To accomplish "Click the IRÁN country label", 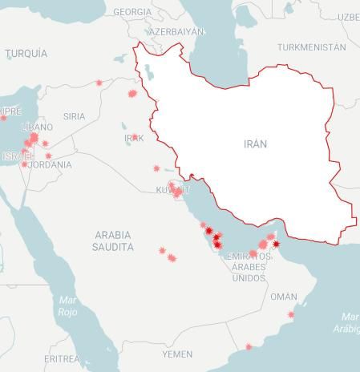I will (x=255, y=144).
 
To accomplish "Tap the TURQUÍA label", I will (x=26, y=54).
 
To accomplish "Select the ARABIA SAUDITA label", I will (x=113, y=241).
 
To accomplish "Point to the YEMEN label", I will (x=177, y=354).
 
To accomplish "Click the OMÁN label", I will (x=283, y=297).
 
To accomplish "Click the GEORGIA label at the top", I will (x=132, y=12).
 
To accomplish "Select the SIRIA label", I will (x=74, y=116).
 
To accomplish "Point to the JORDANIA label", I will (x=50, y=165).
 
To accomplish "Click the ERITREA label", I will (x=62, y=358).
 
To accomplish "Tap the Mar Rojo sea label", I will (x=67, y=305).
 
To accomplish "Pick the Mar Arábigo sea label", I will (x=349, y=323).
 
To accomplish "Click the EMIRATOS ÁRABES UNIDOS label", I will (x=249, y=267).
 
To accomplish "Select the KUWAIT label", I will (x=173, y=190).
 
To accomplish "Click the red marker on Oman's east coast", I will (x=291, y=314).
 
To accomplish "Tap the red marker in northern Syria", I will (x=99, y=83).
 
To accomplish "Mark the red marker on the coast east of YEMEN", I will (x=249, y=347).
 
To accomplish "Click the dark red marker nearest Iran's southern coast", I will (x=276, y=244).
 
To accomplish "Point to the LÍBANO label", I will (x=37, y=127).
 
